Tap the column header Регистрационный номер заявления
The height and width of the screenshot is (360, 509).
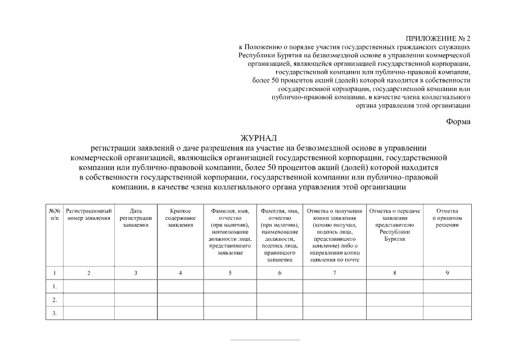coord(88,214)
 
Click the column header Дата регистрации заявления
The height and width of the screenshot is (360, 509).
coord(136,218)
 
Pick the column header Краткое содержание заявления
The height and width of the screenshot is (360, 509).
coord(181,218)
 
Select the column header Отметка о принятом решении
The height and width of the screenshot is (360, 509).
coord(448,218)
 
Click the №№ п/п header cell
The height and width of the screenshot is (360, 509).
coord(55,214)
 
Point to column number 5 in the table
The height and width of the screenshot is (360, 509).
coord(229,273)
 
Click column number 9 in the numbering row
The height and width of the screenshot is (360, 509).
coord(448,273)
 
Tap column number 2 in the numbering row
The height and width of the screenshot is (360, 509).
coord(88,273)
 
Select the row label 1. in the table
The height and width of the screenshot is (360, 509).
coord(55,286)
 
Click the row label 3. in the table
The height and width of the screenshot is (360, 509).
coord(55,313)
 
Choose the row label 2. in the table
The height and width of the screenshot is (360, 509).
coord(55,300)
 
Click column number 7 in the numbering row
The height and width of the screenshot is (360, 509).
coord(335,273)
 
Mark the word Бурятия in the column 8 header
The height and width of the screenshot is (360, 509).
coord(395,239)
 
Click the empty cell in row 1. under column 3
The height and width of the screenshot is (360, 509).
coord(136,286)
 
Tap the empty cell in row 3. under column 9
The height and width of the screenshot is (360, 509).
coord(448,313)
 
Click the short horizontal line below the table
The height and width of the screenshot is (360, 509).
coord(265,340)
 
